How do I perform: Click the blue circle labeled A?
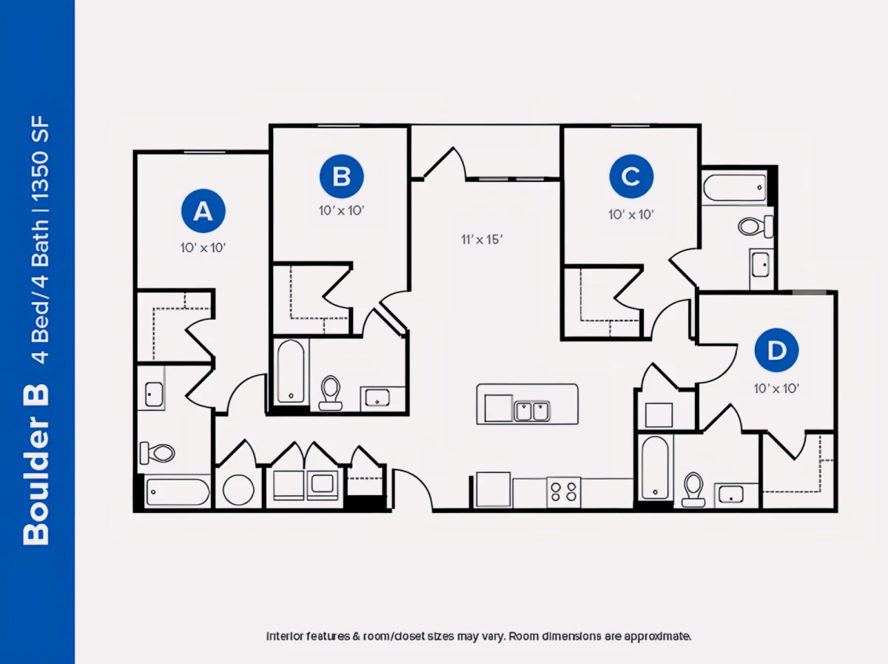tap(203, 211)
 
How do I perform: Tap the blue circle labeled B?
tap(341, 176)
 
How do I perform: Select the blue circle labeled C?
tap(631, 176)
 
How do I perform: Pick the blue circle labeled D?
tap(776, 350)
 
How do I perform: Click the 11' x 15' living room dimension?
tap(482, 240)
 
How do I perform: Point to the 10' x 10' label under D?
tap(776, 389)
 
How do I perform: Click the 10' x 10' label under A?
tap(203, 248)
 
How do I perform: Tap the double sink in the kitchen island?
tap(531, 412)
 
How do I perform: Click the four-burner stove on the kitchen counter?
tap(564, 492)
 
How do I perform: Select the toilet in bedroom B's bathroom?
tap(331, 393)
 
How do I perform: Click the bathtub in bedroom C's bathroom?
tap(734, 188)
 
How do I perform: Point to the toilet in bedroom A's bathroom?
tap(157, 453)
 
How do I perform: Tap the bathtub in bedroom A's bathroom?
tap(178, 492)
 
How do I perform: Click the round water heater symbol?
tap(238, 489)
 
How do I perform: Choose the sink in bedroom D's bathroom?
tap(730, 494)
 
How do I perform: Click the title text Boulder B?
tap(36, 465)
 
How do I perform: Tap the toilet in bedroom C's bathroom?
tap(755, 227)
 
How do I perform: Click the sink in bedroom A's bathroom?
tap(154, 394)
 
